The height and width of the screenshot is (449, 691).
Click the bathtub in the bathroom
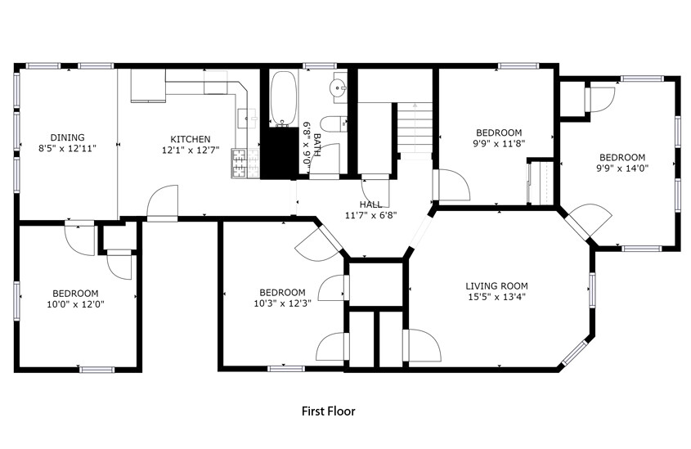284,98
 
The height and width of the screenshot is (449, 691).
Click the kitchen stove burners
240,164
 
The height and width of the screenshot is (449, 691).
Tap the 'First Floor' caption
329,411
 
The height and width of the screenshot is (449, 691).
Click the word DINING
67,137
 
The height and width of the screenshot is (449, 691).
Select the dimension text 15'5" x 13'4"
496,297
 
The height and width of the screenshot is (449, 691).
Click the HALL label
370,204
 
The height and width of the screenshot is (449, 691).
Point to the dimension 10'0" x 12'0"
75,304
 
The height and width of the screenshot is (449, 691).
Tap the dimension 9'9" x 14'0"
621,168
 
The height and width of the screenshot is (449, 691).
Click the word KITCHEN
190,139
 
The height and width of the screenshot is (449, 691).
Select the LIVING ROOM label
496,286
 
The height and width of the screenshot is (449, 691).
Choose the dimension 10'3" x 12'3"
282,303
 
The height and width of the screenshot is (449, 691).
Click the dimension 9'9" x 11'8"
499,143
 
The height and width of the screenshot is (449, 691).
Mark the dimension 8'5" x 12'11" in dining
67,149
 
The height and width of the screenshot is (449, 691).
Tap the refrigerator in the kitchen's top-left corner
147,86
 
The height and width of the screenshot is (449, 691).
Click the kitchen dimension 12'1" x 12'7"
190,150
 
